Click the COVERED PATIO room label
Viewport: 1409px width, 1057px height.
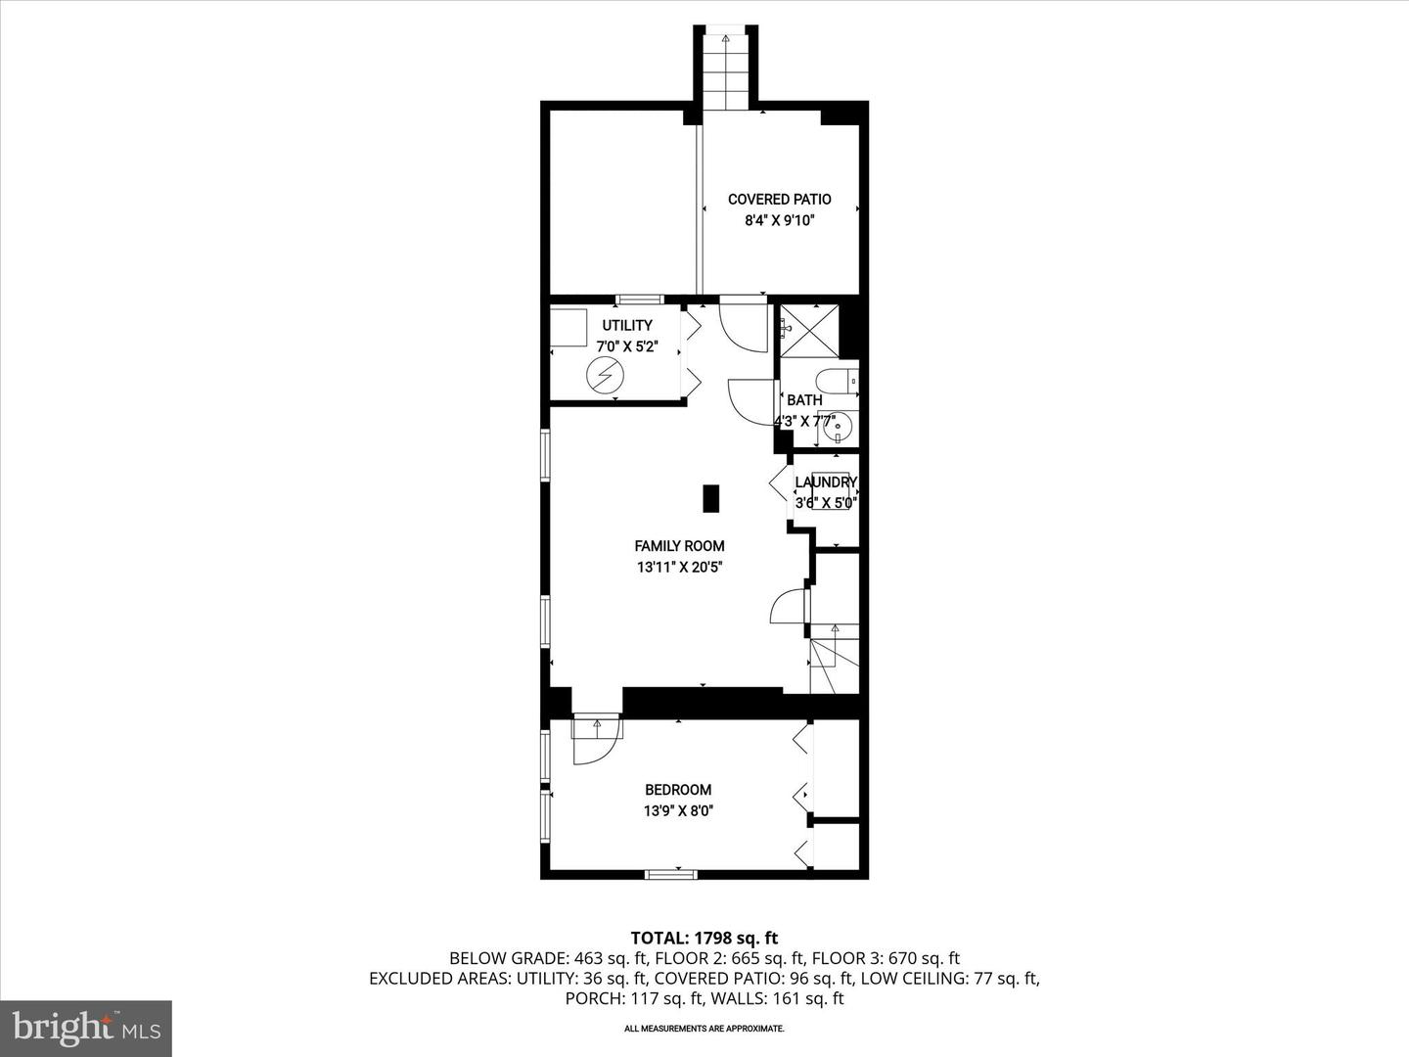click(779, 200)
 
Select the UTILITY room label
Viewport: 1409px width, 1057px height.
click(627, 326)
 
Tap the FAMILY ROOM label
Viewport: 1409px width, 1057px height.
click(679, 546)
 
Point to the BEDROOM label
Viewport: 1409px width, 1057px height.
click(677, 790)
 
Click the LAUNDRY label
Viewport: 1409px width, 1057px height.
click(825, 483)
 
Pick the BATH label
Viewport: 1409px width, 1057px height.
click(804, 400)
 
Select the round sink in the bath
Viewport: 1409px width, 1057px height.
click(838, 427)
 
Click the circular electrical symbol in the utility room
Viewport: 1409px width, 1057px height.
click(604, 374)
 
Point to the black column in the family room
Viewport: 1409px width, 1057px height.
click(711, 498)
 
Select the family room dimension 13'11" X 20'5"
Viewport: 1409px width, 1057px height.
click(679, 567)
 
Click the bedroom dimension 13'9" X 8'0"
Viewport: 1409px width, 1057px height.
click(677, 810)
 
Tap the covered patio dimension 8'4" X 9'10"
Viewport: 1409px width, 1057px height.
click(779, 220)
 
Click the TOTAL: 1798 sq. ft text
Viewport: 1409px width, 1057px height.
click(704, 938)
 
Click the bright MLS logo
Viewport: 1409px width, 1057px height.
click(86, 1028)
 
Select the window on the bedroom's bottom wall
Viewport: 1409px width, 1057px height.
click(670, 873)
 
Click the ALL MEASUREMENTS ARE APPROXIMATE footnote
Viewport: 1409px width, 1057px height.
click(704, 1029)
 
